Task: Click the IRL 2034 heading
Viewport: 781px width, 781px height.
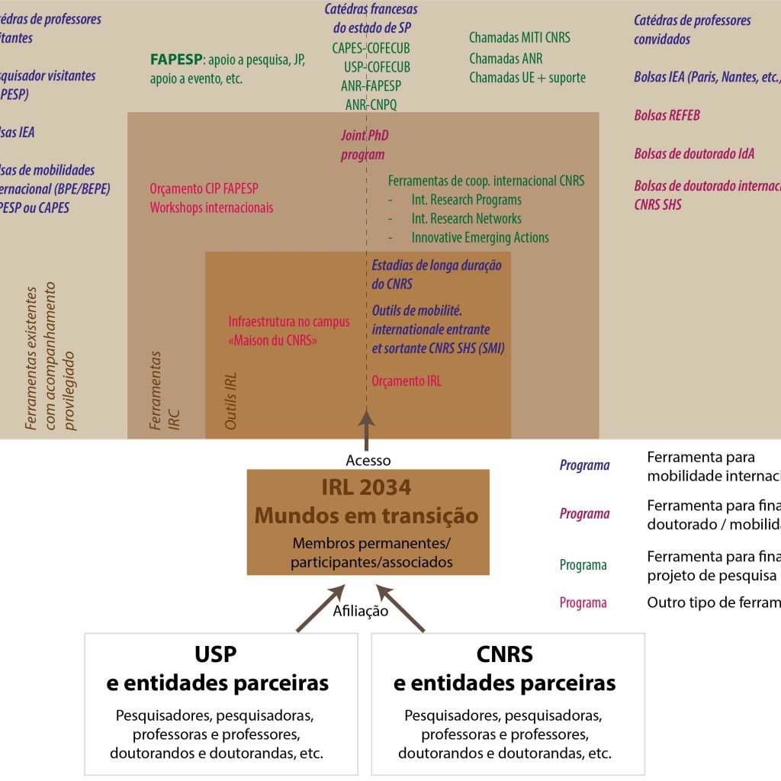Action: [367, 487]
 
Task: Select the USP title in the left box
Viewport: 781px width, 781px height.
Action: [216, 654]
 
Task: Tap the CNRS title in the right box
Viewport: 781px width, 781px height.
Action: [504, 654]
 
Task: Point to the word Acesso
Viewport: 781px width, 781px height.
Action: [368, 461]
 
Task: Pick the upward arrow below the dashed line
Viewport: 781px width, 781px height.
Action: [367, 427]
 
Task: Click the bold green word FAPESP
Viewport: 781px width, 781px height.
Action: [175, 60]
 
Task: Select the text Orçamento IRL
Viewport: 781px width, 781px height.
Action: [407, 381]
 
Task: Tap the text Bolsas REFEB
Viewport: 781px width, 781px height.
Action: [667, 116]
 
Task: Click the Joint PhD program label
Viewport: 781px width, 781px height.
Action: [364, 145]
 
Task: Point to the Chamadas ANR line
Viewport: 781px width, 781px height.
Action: [506, 59]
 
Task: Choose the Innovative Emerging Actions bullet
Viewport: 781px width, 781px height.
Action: [480, 238]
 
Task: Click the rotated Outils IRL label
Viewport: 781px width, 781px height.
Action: [232, 400]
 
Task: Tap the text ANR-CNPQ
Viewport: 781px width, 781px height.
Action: [371, 104]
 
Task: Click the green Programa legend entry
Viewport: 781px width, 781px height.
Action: [583, 565]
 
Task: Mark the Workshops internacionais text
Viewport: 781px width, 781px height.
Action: [211, 207]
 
